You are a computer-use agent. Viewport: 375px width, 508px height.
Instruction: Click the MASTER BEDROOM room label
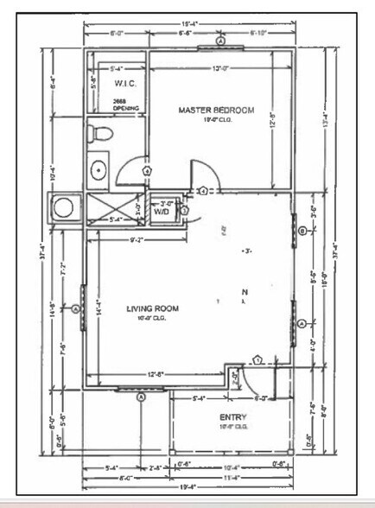point(216,111)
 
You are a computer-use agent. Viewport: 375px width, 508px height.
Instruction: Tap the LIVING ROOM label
point(151,308)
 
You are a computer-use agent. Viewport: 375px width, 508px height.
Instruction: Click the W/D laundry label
point(162,211)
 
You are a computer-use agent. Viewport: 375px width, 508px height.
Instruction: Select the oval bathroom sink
point(98,169)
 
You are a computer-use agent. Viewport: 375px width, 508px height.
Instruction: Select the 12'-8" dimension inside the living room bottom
point(157,374)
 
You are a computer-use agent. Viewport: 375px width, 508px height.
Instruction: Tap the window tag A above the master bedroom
point(221,41)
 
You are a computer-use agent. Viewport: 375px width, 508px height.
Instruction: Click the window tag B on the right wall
point(302,232)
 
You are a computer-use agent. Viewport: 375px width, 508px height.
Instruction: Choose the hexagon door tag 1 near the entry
point(257,359)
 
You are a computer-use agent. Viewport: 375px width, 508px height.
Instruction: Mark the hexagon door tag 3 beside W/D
point(184,210)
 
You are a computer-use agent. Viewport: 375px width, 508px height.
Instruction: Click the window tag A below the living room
point(143,398)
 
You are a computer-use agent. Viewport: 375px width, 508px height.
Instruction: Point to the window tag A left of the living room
point(75,308)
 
